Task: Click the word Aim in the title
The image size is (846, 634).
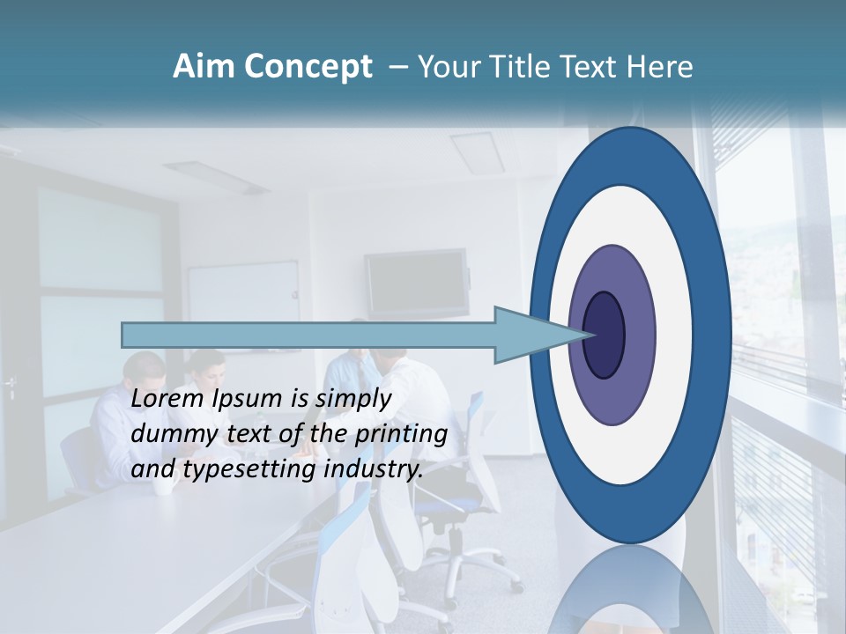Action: pyautogui.click(x=204, y=67)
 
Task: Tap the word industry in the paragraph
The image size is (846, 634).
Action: pyautogui.click(x=374, y=469)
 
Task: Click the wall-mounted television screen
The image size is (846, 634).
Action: pyautogui.click(x=416, y=282)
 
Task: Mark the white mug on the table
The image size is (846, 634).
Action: pyautogui.click(x=163, y=484)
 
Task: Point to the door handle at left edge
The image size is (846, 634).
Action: pyautogui.click(x=11, y=385)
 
